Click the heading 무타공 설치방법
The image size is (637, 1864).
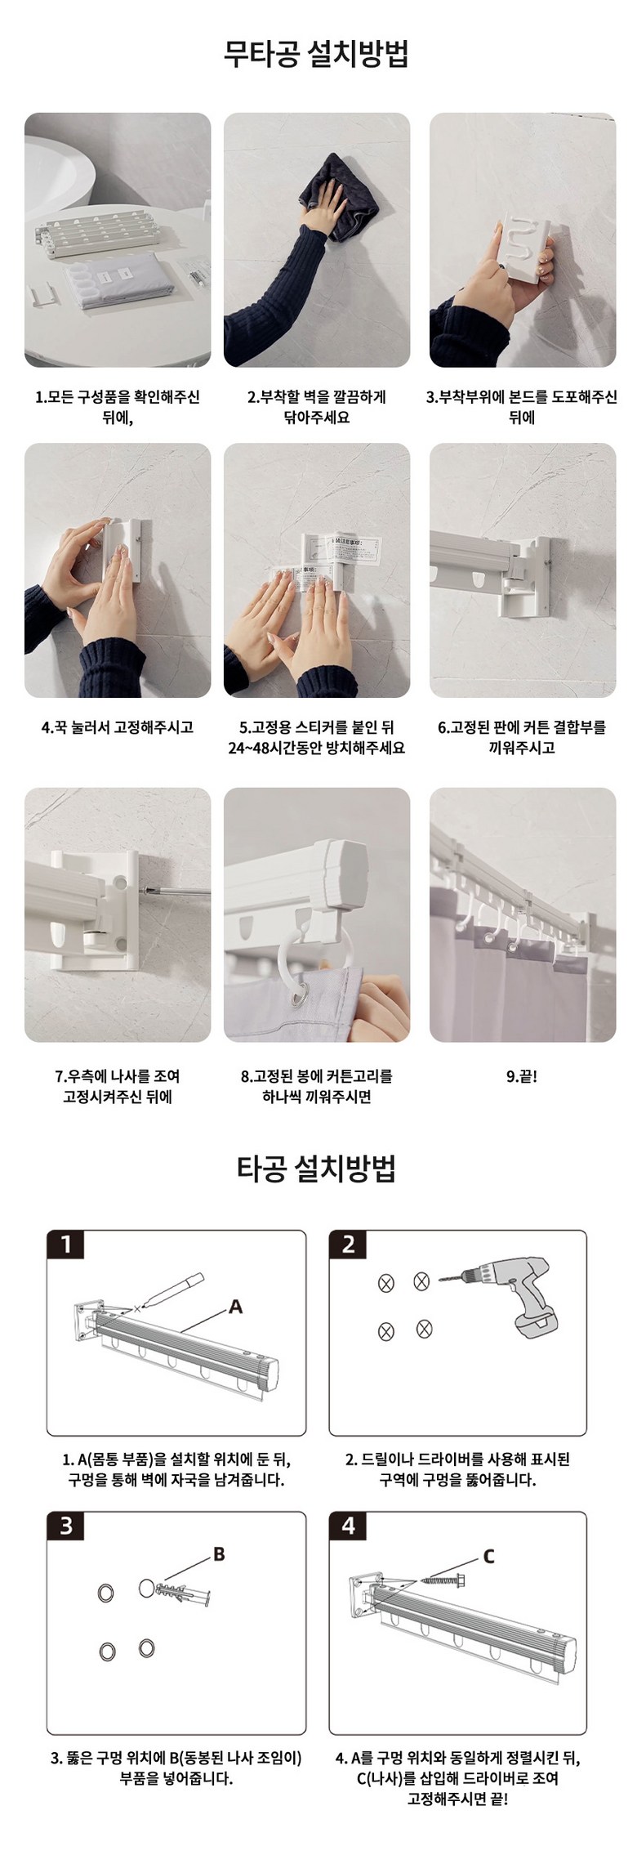pos(317,54)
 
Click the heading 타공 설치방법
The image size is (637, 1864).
pos(317,1168)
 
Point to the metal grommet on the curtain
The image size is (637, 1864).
pos(304,995)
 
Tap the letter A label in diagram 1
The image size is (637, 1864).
pos(235,1307)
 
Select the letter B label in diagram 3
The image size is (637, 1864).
pos(218,1555)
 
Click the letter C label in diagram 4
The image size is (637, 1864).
pos(489,1557)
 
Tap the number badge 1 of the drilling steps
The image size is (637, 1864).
pos(66,1245)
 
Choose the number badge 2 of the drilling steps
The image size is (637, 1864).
pos(349,1245)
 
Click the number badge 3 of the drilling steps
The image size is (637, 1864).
pos(66,1526)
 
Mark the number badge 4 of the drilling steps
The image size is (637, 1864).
pos(349,1526)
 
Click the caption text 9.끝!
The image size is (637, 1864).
pos(522,1076)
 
